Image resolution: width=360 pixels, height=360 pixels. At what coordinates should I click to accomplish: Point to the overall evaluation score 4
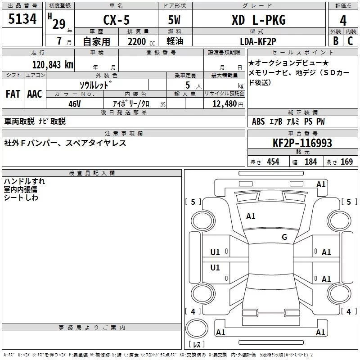[x=343, y=20]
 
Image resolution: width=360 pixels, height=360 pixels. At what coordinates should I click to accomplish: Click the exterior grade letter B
[x=335, y=40]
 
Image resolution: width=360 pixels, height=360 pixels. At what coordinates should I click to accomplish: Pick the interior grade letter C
[x=350, y=40]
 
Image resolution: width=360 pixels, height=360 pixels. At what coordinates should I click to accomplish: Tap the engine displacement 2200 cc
[x=137, y=41]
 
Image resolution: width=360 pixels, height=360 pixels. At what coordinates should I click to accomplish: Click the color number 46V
[x=75, y=103]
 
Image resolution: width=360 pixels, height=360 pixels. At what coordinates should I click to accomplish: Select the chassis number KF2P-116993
[x=302, y=143]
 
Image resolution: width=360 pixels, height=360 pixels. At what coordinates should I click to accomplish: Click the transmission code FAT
[x=13, y=94]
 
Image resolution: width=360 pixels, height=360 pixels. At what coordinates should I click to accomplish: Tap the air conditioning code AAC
[x=34, y=94]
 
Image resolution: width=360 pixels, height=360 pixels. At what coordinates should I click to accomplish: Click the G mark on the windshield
[x=284, y=237]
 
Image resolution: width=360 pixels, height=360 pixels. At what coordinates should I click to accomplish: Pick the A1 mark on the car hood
[x=251, y=216]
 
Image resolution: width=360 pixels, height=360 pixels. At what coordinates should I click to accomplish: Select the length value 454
[x=273, y=162]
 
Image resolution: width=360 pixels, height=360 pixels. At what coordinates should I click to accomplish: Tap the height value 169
[x=346, y=162]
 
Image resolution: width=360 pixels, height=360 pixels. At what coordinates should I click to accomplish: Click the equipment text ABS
[x=258, y=121]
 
